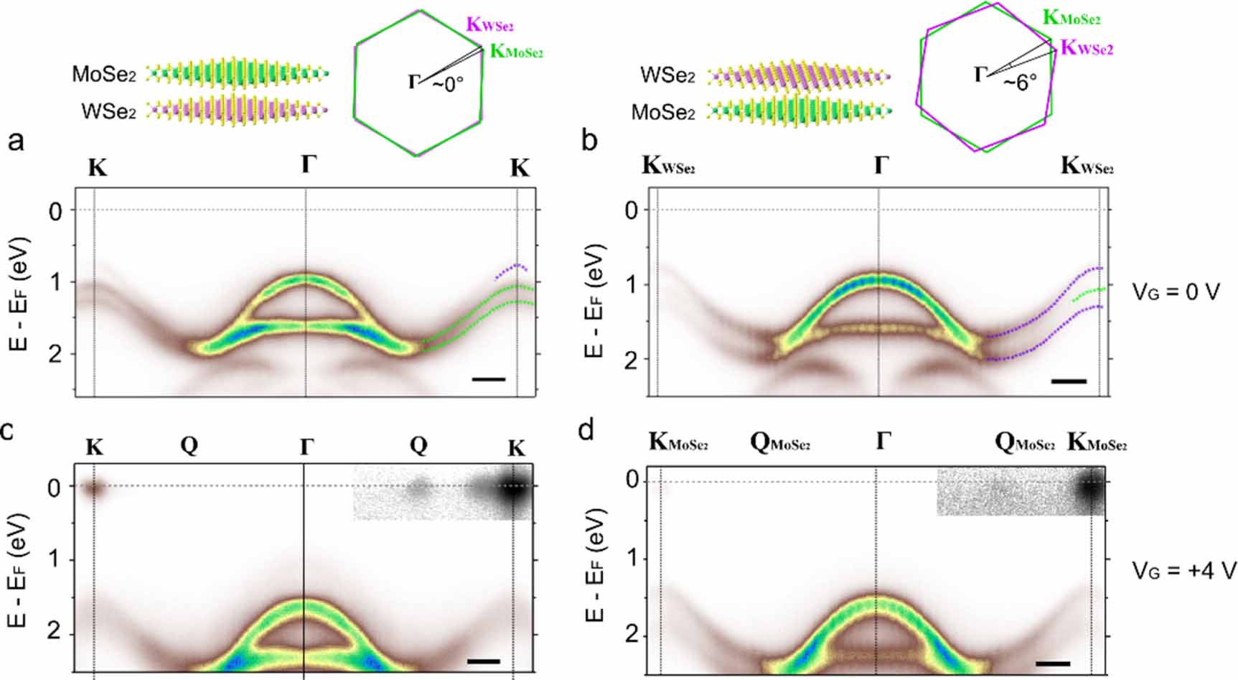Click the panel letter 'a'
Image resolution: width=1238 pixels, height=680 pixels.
tap(16, 141)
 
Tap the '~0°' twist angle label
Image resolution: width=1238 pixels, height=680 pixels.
tap(447, 83)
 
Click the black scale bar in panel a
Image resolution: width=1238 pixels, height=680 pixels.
tap(489, 378)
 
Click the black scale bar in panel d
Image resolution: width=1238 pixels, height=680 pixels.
tap(1053, 663)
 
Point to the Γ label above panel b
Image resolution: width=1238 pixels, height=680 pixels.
tap(881, 165)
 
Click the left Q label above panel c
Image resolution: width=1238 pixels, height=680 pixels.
tap(189, 446)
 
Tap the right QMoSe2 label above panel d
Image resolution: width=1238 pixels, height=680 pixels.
tap(1024, 442)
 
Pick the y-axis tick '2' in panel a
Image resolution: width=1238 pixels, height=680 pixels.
tap(57, 354)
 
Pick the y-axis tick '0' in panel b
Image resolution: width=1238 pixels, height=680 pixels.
tap(631, 210)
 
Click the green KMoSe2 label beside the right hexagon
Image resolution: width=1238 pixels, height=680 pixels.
tap(1071, 18)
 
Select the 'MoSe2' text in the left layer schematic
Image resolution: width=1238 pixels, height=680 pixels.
tap(104, 74)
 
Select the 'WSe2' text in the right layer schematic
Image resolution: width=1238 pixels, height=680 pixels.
tap(667, 75)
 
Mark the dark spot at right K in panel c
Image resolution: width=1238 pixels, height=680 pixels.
tap(514, 491)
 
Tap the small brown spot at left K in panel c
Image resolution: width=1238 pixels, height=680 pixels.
tap(93, 490)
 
